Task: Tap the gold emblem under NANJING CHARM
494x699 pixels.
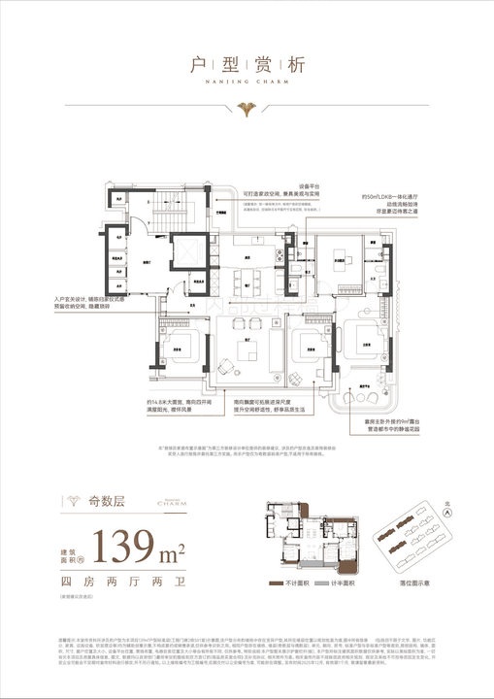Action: tap(247, 102)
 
